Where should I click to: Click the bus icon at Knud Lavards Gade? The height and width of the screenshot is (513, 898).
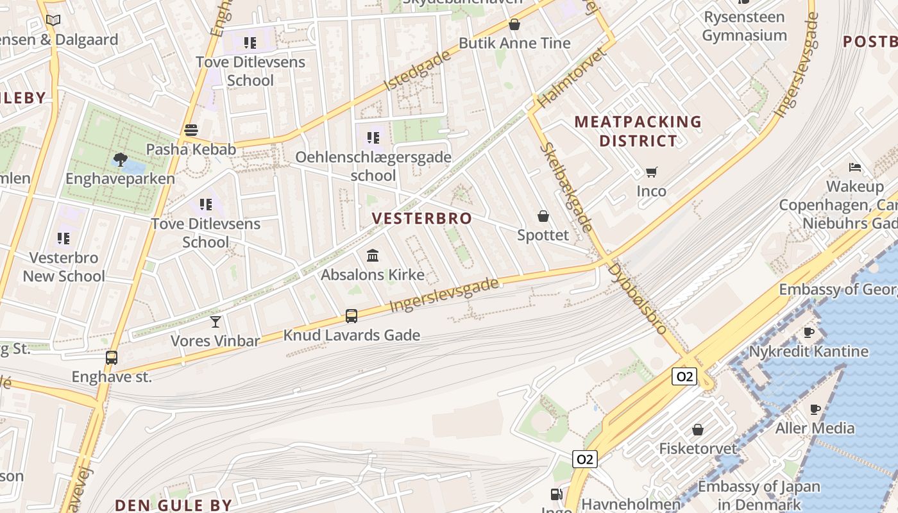click(352, 315)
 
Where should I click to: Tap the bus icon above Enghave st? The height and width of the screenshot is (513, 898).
click(112, 358)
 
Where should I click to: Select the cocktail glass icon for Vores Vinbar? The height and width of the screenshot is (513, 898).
click(216, 321)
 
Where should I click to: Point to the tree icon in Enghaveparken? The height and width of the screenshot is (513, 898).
click(119, 159)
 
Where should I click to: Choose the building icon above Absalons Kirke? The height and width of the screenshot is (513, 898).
click(373, 256)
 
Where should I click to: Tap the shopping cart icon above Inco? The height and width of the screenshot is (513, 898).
click(652, 172)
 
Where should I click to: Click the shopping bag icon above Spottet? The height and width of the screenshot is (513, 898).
click(543, 216)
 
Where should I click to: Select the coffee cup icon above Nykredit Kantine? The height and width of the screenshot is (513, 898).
click(809, 332)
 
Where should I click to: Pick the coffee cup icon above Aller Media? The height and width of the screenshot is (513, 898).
click(815, 409)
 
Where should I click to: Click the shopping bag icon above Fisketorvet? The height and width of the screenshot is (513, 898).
click(698, 430)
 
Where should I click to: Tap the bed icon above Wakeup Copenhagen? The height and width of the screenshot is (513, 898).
click(855, 167)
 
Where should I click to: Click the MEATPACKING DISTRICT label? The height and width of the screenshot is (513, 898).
click(638, 131)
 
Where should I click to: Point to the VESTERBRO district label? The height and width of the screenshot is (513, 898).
click(422, 219)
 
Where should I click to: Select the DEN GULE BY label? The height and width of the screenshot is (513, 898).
click(173, 505)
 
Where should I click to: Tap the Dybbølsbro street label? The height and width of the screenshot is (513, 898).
click(638, 298)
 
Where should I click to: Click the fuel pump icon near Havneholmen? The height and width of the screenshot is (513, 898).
click(557, 494)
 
